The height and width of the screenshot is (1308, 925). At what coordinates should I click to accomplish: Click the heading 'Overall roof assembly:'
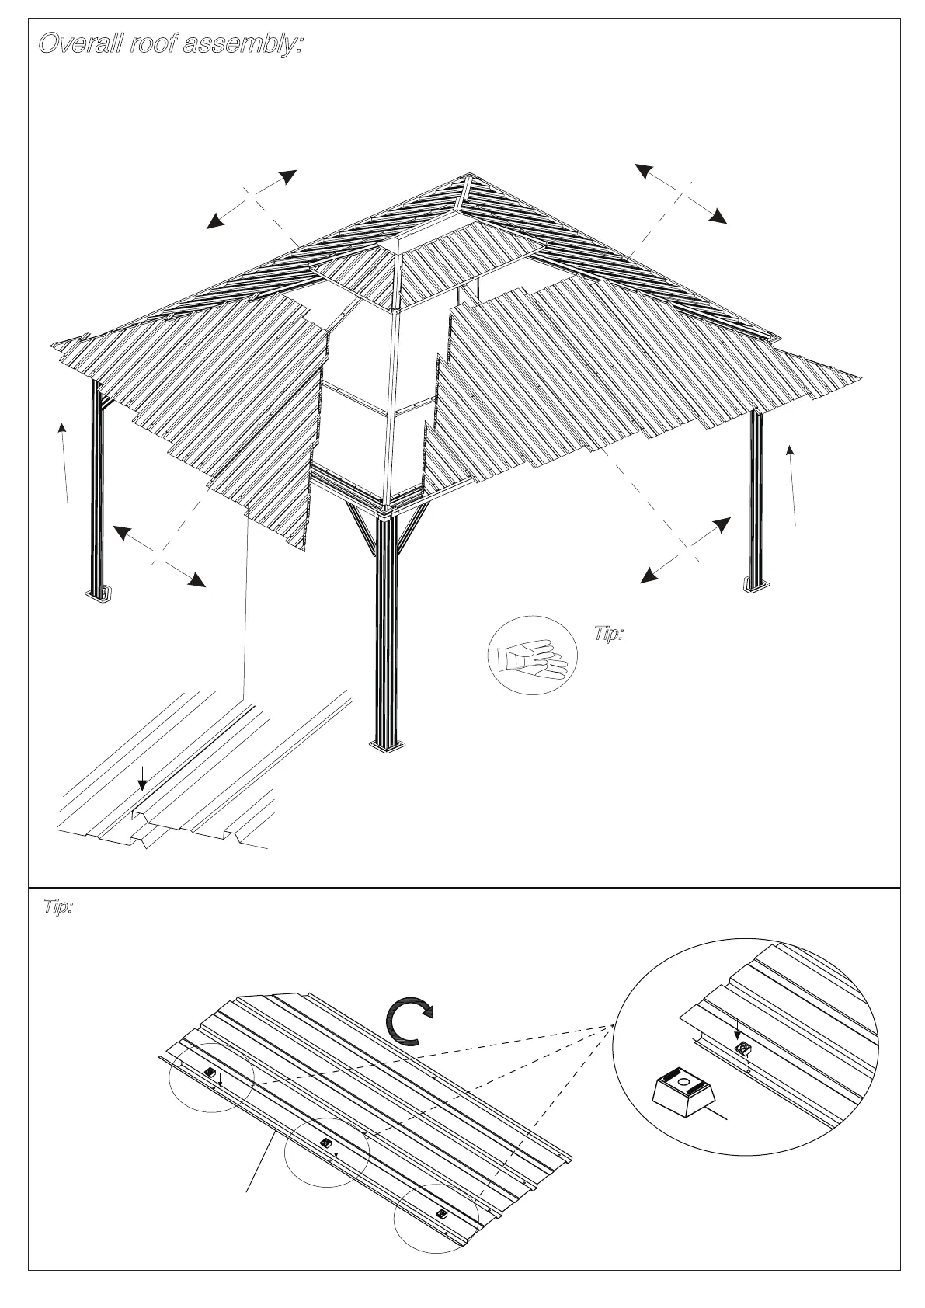click(169, 44)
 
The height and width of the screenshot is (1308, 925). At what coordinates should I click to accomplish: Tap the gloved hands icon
click(534, 655)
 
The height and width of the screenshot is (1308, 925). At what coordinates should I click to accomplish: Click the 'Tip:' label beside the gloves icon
click(610, 635)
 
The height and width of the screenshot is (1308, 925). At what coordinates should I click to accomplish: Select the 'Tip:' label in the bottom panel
click(57, 907)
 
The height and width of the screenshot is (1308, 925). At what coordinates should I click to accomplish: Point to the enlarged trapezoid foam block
click(683, 1089)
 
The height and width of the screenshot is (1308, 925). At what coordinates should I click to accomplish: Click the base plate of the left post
click(99, 594)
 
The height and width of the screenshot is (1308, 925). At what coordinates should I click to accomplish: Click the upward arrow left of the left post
click(64, 461)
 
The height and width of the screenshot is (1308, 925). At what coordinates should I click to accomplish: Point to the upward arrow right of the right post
click(792, 485)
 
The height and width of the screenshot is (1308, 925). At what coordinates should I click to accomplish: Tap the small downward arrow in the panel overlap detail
click(141, 777)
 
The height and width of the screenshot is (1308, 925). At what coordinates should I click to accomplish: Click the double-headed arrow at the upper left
click(252, 199)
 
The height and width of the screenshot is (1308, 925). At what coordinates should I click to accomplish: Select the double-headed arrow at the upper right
click(681, 193)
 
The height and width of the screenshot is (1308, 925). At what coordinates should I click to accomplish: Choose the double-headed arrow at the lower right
click(685, 549)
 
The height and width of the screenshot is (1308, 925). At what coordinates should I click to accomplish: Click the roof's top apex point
click(469, 176)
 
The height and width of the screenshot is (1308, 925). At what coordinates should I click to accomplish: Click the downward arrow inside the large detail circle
click(736, 1034)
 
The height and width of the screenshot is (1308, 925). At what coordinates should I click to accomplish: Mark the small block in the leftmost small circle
click(210, 1072)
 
